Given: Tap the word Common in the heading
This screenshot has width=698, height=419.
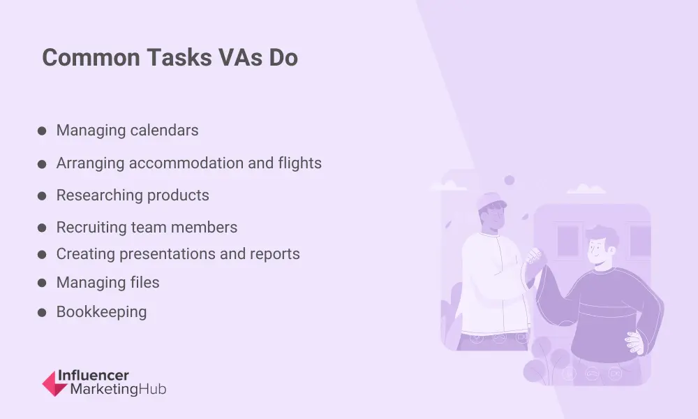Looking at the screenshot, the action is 91,57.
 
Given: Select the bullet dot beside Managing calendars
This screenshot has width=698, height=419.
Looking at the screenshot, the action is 42,131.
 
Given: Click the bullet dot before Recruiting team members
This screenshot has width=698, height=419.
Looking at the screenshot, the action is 42,228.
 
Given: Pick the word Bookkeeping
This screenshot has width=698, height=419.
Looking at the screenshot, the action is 101,312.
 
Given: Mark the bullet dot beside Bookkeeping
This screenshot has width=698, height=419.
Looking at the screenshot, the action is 42,313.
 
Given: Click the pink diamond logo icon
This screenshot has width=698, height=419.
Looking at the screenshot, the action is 54,383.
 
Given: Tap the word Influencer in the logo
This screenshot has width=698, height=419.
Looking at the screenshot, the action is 94,376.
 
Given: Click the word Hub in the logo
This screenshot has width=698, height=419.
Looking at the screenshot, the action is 152,389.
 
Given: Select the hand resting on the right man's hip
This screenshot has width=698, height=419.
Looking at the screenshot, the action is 635,341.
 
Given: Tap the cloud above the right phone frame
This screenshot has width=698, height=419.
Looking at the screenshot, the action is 586,189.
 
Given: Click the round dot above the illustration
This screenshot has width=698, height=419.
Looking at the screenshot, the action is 510,180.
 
